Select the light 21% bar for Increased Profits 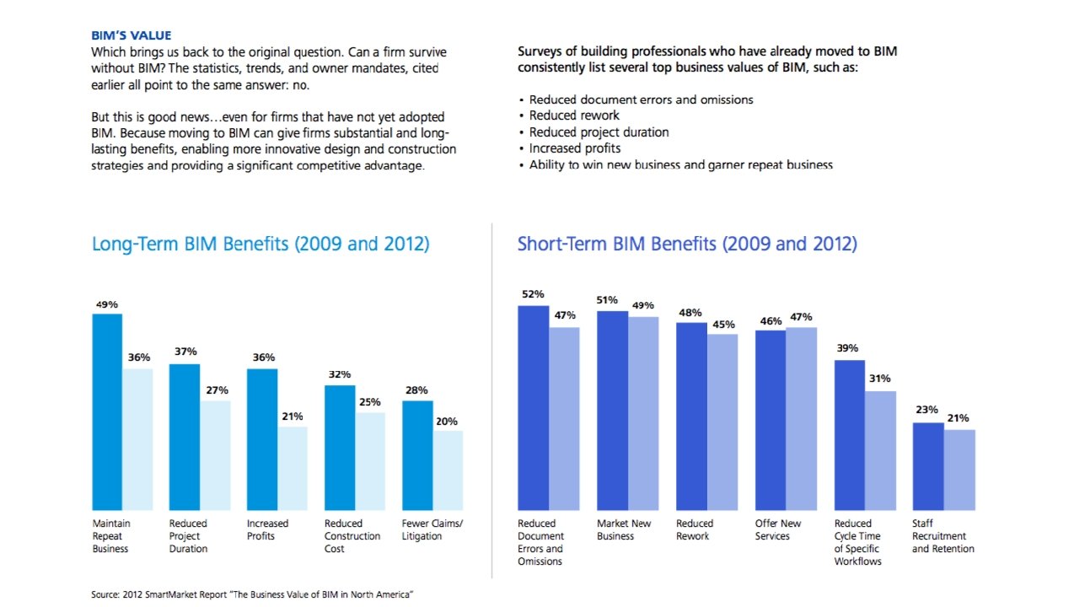click(293, 468)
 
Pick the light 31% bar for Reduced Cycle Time click(880, 450)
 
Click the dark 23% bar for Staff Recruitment click(928, 466)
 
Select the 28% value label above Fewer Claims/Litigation click(416, 390)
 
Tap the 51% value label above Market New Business click(607, 300)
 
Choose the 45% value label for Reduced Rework click(723, 324)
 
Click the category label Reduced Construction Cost click(352, 536)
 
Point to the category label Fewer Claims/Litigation click(432, 529)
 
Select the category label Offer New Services click(778, 529)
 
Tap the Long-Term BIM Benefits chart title click(260, 244)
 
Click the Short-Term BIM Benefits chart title click(687, 244)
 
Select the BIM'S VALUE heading click(131, 35)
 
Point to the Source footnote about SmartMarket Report click(252, 594)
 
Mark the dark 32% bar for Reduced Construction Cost click(340, 448)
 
